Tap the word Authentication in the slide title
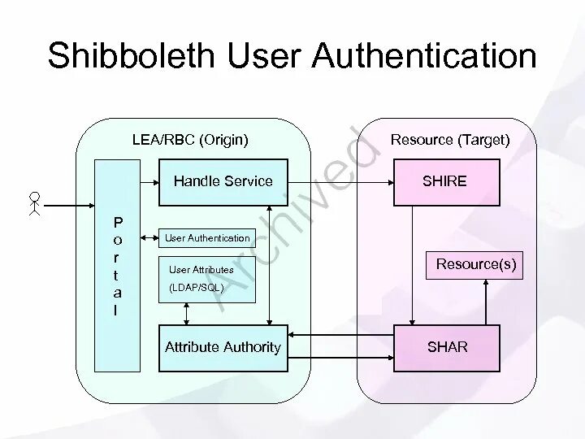[x=425, y=57]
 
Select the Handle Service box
[x=223, y=181]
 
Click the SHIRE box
[x=444, y=181]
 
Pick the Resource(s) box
[x=475, y=265]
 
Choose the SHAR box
[x=448, y=347]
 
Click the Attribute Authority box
[x=223, y=347]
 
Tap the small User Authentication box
[x=207, y=238]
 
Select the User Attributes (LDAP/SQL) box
[x=206, y=278]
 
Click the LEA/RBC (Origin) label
[x=190, y=140]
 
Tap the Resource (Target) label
[x=450, y=140]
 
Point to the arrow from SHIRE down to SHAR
[x=413, y=260]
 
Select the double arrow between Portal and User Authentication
[x=149, y=238]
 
